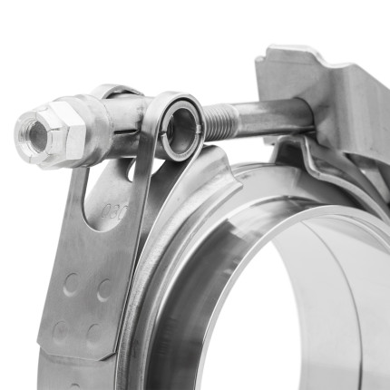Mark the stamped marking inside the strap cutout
coord(115,215)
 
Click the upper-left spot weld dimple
coord(70,285)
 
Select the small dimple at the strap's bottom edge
coord(73,385)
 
